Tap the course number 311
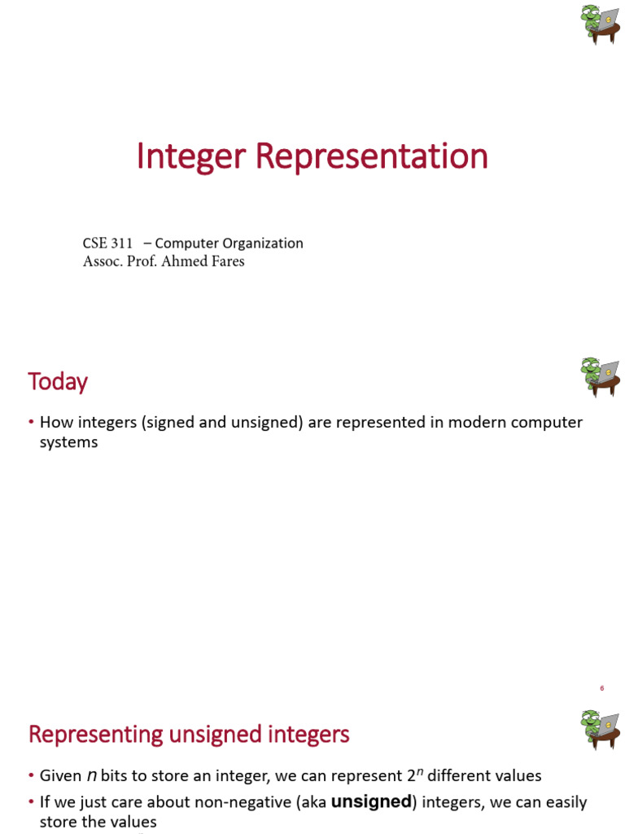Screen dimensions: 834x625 (120, 244)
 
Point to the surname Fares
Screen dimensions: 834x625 (225, 261)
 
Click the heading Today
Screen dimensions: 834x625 (58, 381)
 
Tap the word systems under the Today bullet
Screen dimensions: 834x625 (68, 442)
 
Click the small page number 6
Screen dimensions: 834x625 (601, 688)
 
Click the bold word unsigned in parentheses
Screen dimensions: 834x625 (370, 802)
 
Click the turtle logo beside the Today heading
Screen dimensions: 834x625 (601, 377)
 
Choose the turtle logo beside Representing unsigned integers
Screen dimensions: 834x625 (601, 728)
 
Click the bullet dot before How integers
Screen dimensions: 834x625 (31, 423)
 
